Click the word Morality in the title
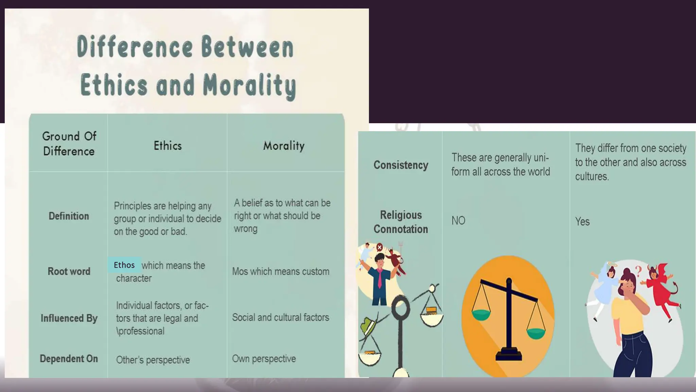point(249,85)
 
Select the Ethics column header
point(168,146)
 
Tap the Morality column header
point(284,146)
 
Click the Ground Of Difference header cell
point(69,144)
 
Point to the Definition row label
point(69,216)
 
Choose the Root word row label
point(69,271)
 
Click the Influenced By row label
point(69,318)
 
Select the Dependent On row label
point(69,359)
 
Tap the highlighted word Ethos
point(124,265)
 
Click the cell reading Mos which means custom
point(281,272)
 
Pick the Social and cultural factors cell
point(281,317)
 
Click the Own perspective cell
point(264,359)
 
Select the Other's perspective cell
point(153,360)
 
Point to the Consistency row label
point(401,165)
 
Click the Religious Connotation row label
point(401,222)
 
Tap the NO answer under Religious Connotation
point(458,221)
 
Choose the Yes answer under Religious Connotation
point(582,222)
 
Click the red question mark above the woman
point(639,271)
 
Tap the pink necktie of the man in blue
point(380,279)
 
